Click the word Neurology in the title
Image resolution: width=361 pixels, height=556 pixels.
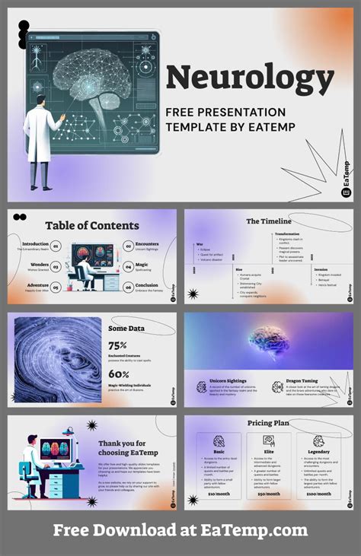[x=250, y=78]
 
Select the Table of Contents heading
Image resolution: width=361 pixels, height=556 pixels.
[x=92, y=225]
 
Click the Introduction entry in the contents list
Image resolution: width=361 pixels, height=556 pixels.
[x=35, y=244]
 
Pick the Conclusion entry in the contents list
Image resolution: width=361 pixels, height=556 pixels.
[x=147, y=286]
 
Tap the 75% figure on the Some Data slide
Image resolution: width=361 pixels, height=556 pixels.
[x=118, y=345]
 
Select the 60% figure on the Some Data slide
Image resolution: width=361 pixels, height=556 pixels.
[x=118, y=374]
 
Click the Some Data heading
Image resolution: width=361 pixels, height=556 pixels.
[x=127, y=328]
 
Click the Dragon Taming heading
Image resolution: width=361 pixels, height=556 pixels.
[x=304, y=380]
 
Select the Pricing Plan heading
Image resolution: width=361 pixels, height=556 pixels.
[x=268, y=423]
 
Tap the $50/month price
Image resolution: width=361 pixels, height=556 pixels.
[x=268, y=494]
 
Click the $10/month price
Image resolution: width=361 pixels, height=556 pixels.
[x=219, y=494]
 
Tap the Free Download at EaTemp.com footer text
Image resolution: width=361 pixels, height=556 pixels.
[x=180, y=531]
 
